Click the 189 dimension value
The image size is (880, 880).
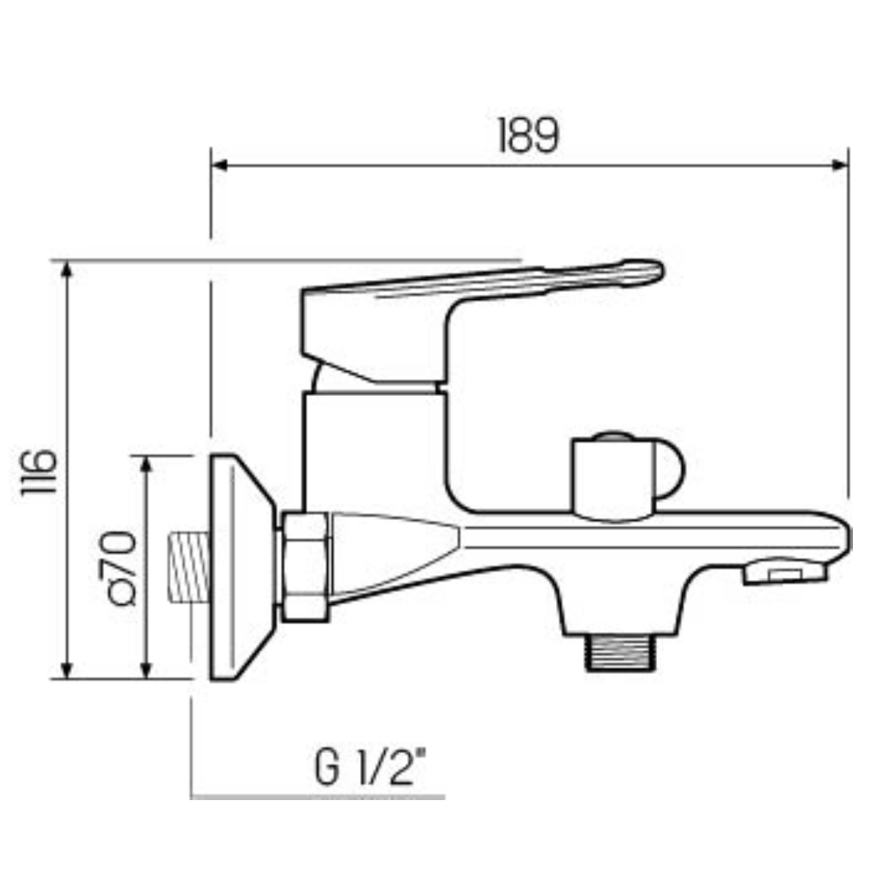[529, 135]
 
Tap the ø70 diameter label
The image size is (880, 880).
[118, 568]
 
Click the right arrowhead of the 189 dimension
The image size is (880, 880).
[840, 165]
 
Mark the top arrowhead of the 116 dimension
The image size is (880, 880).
[67, 269]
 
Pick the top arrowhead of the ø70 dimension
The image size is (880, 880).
[146, 464]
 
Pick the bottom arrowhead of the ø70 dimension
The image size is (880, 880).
[146, 670]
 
